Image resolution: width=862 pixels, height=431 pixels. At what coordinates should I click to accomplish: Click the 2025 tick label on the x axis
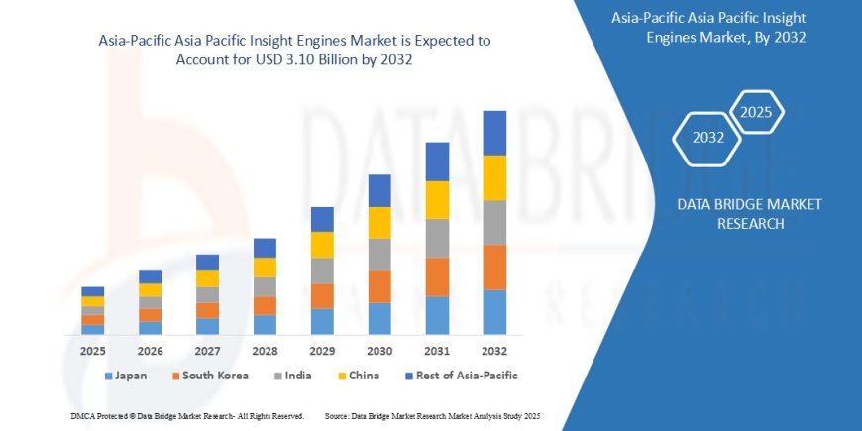[92, 351]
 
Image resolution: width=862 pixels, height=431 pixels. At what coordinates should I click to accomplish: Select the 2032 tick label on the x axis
[494, 351]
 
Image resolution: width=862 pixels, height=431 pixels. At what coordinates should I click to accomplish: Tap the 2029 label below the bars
[322, 351]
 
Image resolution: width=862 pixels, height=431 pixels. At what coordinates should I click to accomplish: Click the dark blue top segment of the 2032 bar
[494, 133]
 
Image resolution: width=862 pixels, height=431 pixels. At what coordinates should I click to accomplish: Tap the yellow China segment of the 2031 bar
[437, 200]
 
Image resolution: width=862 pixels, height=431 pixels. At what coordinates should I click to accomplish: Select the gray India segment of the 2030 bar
[379, 255]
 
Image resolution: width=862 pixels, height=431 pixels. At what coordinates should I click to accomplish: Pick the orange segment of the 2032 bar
[494, 268]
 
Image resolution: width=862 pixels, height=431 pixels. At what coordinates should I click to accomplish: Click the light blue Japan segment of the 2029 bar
[322, 321]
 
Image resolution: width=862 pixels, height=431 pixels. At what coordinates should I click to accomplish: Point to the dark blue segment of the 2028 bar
[265, 248]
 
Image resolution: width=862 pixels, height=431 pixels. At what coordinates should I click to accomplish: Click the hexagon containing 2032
[707, 138]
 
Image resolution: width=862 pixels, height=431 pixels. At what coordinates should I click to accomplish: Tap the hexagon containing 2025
[756, 111]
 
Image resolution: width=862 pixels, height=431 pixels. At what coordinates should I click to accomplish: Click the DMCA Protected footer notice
[187, 415]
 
